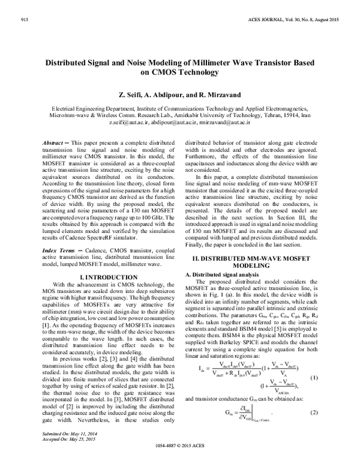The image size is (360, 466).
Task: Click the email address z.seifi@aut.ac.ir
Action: pos(146,122)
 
